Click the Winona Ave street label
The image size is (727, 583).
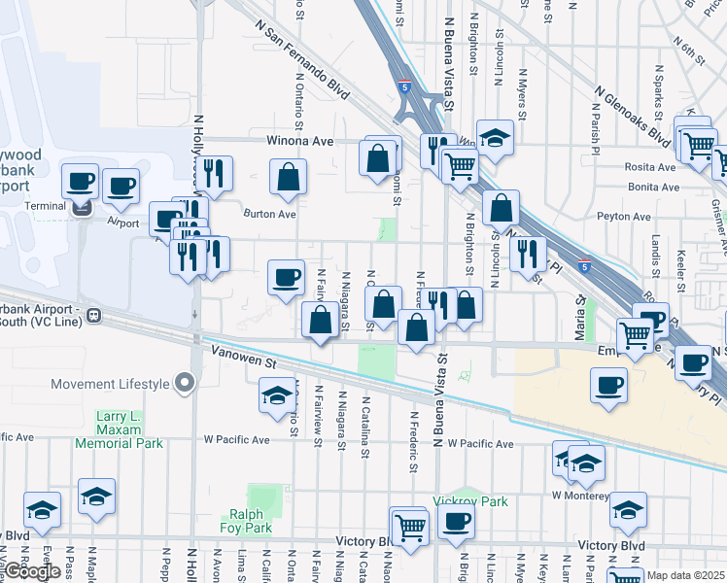coord(300,141)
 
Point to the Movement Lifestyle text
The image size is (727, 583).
coord(110,384)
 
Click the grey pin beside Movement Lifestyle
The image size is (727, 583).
coord(182,384)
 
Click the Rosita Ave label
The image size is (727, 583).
coord(651,166)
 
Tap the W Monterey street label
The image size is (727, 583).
coord(580,495)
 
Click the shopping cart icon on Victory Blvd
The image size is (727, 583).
coord(410,528)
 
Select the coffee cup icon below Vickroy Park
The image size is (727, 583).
coord(455,521)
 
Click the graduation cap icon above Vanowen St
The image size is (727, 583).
coord(277,394)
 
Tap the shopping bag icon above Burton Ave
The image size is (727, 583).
coord(288,178)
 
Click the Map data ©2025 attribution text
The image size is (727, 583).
coord(686,575)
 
